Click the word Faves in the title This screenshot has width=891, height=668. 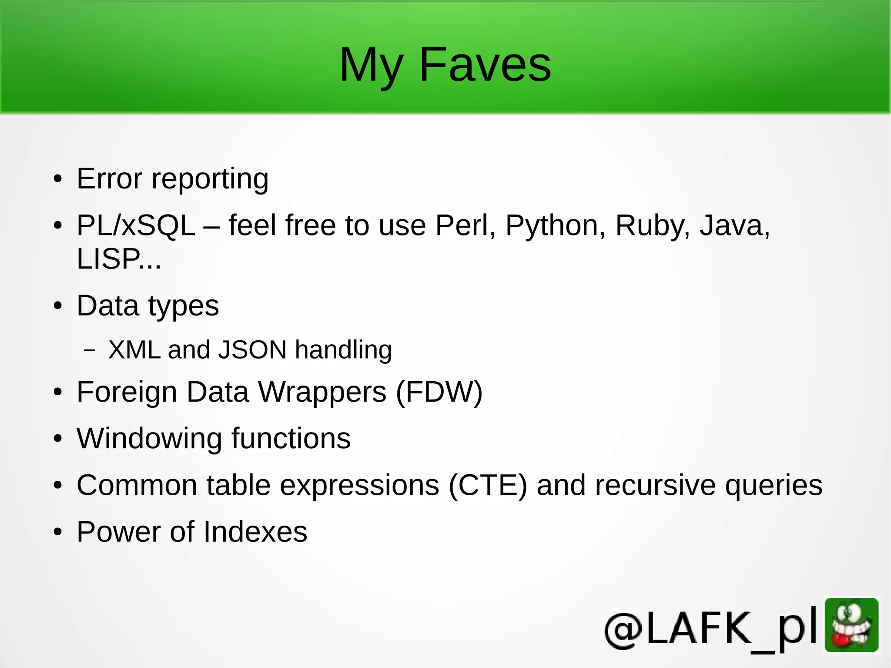(x=485, y=65)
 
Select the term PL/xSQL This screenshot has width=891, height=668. (x=136, y=226)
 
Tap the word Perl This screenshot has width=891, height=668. (x=465, y=226)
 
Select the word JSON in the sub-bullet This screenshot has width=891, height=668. (x=252, y=350)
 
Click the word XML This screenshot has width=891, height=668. (x=134, y=350)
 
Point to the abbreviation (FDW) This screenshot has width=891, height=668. (x=439, y=392)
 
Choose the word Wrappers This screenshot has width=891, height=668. (x=322, y=392)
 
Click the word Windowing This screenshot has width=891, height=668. (x=149, y=439)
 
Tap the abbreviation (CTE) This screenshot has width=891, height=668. (x=487, y=485)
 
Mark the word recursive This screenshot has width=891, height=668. (x=655, y=485)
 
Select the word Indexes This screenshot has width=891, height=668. (x=255, y=532)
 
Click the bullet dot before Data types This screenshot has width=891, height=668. (x=58, y=306)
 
